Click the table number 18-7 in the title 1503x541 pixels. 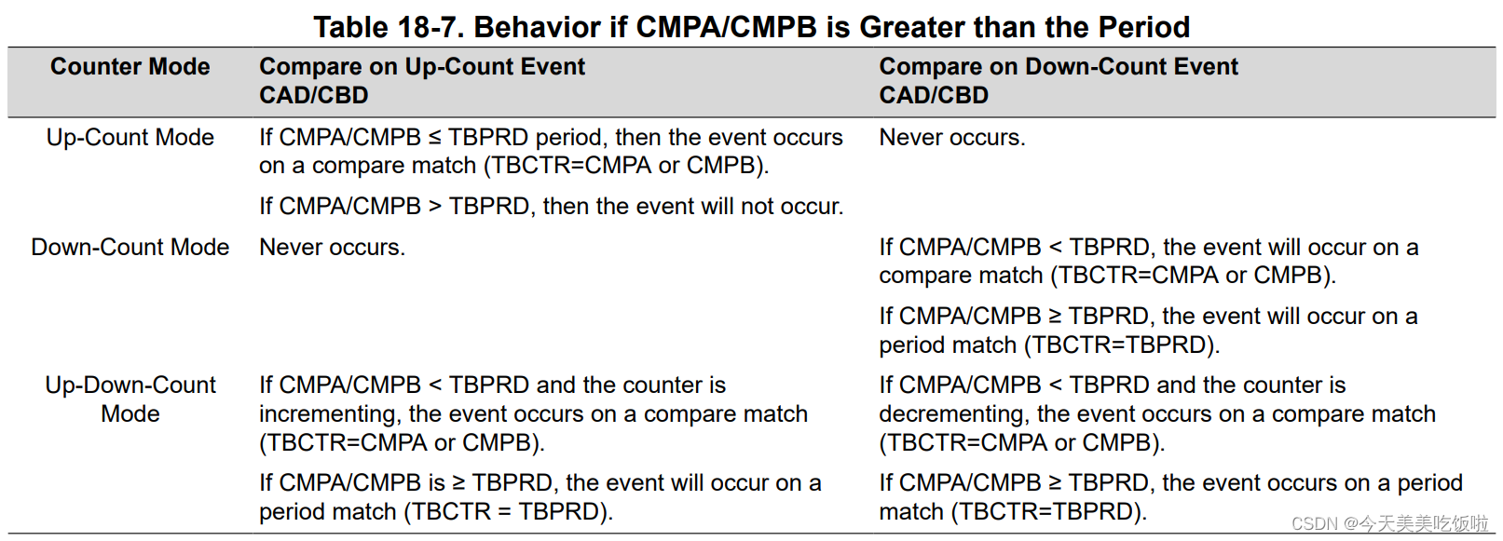(x=429, y=28)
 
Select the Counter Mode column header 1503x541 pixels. (x=130, y=66)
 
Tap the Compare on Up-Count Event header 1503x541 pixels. (x=422, y=66)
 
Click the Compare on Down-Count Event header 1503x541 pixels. (x=1059, y=66)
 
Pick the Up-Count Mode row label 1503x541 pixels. (x=130, y=138)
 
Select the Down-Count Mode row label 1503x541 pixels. (x=130, y=248)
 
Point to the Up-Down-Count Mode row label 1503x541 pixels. (x=130, y=399)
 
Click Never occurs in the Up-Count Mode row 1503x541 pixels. (x=952, y=138)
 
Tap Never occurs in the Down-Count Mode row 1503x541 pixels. (x=332, y=248)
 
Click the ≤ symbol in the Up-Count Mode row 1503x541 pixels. (x=435, y=138)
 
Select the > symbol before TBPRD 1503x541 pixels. (x=435, y=207)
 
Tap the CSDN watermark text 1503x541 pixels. (x=1389, y=523)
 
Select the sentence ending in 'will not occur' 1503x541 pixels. (x=552, y=207)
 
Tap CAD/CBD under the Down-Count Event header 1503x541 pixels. (x=934, y=95)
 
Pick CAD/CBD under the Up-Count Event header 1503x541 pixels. (x=314, y=95)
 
